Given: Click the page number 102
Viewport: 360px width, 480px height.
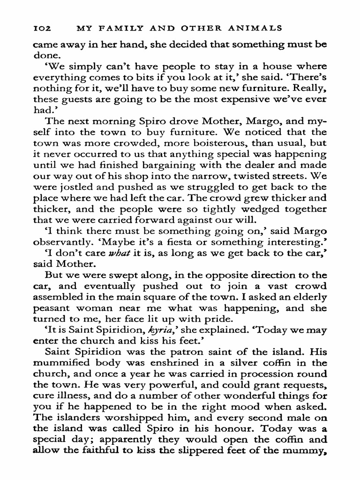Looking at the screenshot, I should pyautogui.click(x=41, y=28).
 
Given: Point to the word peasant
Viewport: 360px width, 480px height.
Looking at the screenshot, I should pyautogui.click(x=54, y=307).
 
